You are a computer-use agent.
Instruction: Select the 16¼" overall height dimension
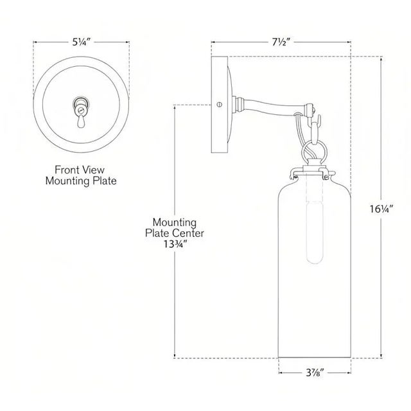(x=382, y=209)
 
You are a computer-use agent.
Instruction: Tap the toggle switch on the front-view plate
(x=80, y=106)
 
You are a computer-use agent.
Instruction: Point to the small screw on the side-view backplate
(x=220, y=104)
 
